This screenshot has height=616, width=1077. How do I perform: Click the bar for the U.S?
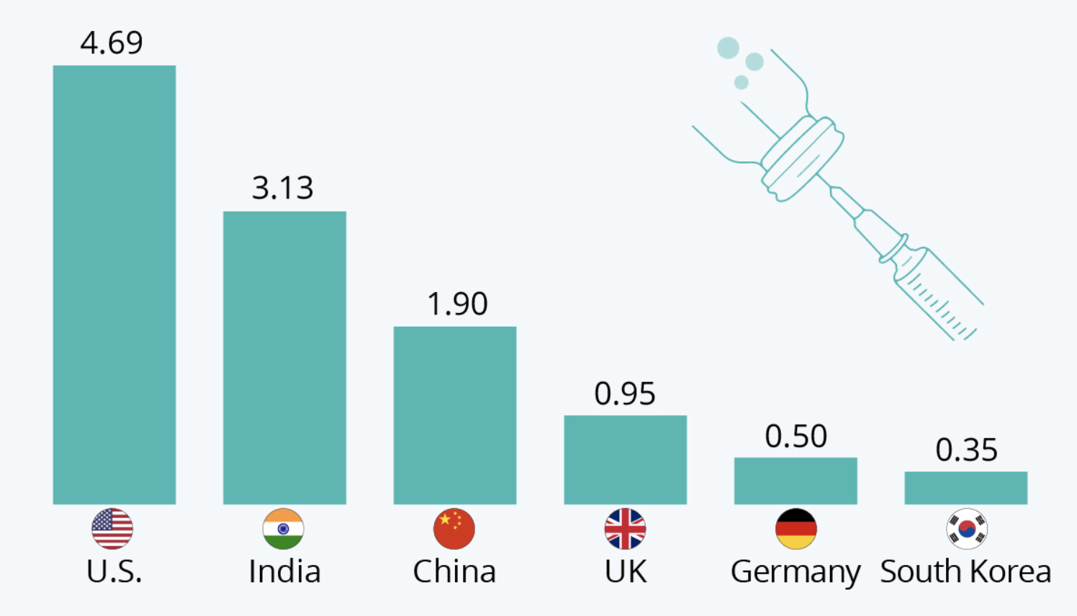[x=114, y=285]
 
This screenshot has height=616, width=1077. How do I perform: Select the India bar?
[x=284, y=358]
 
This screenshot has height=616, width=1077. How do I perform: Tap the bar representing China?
[x=455, y=416]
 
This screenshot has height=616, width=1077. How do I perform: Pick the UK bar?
[x=625, y=460]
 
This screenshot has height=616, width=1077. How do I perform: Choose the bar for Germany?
[x=796, y=481]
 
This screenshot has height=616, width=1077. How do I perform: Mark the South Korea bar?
[x=966, y=488]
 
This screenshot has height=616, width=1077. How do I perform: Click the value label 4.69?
[x=112, y=42]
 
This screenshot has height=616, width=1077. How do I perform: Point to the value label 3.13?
[x=283, y=187]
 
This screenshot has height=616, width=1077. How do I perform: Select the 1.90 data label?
[x=457, y=304]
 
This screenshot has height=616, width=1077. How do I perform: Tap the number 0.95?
[x=625, y=394]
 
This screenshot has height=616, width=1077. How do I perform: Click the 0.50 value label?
[x=796, y=436]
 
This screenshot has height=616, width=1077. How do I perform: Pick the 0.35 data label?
[x=966, y=450]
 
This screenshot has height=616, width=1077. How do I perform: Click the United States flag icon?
[x=112, y=528]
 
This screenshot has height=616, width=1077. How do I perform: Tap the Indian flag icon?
[x=283, y=528]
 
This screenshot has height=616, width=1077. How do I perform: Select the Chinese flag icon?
[x=454, y=528]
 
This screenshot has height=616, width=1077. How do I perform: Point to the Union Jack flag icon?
[x=625, y=528]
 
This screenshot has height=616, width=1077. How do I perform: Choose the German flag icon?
[x=796, y=528]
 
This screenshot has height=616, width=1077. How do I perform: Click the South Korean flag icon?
[x=967, y=528]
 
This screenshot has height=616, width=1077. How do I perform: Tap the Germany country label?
[x=796, y=573]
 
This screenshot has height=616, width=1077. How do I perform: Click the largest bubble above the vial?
[x=728, y=48]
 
